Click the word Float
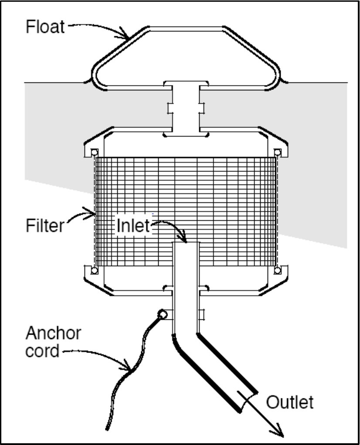click(45, 27)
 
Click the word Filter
click(45, 226)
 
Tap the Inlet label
click(133, 226)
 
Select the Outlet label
click(290, 402)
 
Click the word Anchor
click(53, 333)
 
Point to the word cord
click(42, 351)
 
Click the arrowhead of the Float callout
click(125, 33)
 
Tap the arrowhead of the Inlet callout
click(183, 237)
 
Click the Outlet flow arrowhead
click(278, 430)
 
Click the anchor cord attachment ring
click(162, 314)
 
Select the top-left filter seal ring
click(95, 152)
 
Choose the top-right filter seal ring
click(278, 152)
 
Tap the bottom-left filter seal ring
click(95, 270)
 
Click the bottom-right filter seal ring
click(278, 270)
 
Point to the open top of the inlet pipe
click(186, 243)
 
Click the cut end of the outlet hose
click(248, 401)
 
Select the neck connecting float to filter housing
click(186, 108)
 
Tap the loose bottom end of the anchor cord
click(107, 428)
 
